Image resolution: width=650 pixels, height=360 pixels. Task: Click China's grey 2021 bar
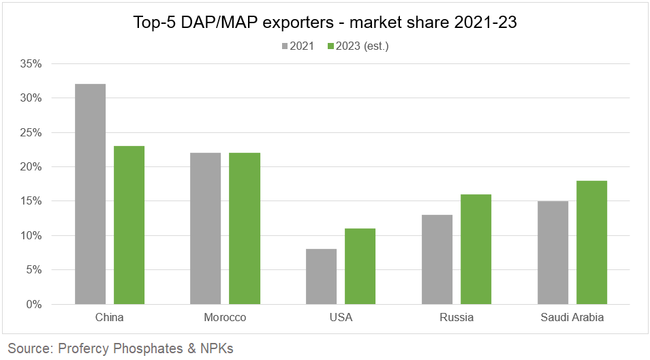tap(90, 194)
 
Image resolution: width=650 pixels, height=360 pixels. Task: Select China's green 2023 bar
tap(129, 225)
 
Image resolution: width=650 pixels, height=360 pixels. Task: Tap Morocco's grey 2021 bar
tap(205, 228)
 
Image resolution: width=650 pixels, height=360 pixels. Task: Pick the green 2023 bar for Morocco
tap(244, 228)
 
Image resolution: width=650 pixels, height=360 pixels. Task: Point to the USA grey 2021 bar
tap(321, 277)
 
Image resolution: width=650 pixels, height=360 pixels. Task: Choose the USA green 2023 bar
tap(360, 267)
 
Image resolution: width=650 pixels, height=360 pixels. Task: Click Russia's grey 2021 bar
tap(437, 260)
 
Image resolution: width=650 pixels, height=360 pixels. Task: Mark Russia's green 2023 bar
tap(476, 250)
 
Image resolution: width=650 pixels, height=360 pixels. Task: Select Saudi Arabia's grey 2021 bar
tap(553, 253)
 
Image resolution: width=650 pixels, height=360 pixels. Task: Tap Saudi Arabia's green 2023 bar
tap(591, 243)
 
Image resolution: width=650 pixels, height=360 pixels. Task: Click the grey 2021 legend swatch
tap(285, 46)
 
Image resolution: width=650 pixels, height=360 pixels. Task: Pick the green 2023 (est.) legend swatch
tap(331, 46)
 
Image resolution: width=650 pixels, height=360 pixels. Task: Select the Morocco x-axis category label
tap(225, 318)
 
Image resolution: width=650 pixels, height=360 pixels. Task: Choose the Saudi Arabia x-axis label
tap(572, 318)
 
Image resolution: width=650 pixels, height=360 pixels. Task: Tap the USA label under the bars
tap(341, 318)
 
